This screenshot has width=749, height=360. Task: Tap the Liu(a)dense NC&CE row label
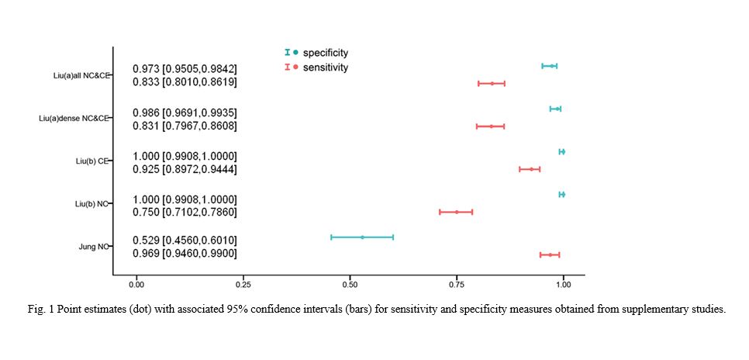[x=74, y=119]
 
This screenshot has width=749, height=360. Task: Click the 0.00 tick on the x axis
[x=136, y=285]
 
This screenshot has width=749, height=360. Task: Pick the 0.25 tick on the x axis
[x=243, y=285]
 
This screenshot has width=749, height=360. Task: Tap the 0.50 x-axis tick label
[x=350, y=285]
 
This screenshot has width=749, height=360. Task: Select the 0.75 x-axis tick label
[x=457, y=285]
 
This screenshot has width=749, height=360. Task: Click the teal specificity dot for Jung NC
[x=362, y=237]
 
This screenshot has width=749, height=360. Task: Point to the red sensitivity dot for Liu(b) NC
[x=457, y=212]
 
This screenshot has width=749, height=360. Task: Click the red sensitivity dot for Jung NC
[x=550, y=254]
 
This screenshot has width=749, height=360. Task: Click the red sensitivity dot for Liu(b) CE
[x=531, y=168]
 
